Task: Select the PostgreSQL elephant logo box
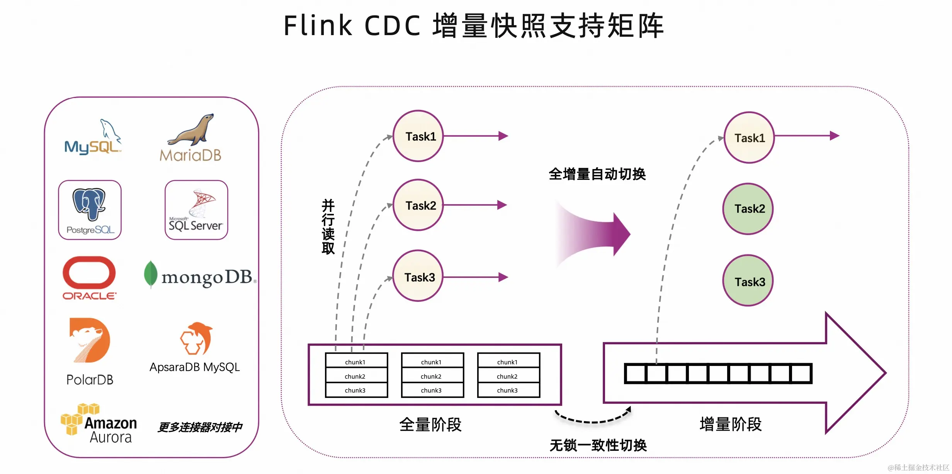[x=90, y=210]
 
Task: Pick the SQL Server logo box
[x=196, y=210]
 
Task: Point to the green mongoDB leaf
[x=150, y=274]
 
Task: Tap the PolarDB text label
[x=90, y=380]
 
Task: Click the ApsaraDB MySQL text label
[x=195, y=367]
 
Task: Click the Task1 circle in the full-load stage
[x=418, y=136]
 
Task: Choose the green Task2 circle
[x=748, y=209]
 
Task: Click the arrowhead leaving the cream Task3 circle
[x=503, y=277]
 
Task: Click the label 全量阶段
[x=430, y=425]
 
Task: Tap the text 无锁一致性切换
[x=598, y=445]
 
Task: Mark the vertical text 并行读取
[x=328, y=227]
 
